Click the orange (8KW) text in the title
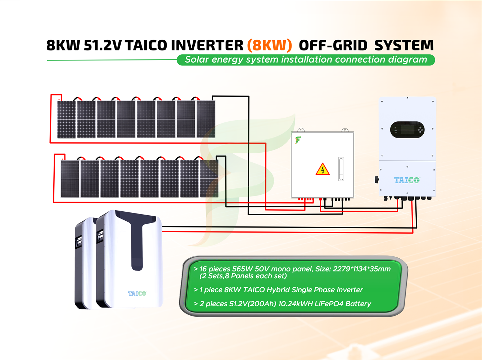point(269,45)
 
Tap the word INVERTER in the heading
point(207,45)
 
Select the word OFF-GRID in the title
point(333,45)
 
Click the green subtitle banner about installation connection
point(306,60)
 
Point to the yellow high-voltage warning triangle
point(323,169)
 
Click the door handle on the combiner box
point(341,169)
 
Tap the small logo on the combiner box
point(298,140)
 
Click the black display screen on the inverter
point(407,130)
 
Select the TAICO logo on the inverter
point(407,180)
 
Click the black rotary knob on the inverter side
point(377,179)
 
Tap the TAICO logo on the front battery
point(137,293)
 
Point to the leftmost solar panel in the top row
point(67,119)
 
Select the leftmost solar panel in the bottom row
point(70,179)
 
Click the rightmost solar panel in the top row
point(206,119)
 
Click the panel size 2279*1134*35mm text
point(361,269)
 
